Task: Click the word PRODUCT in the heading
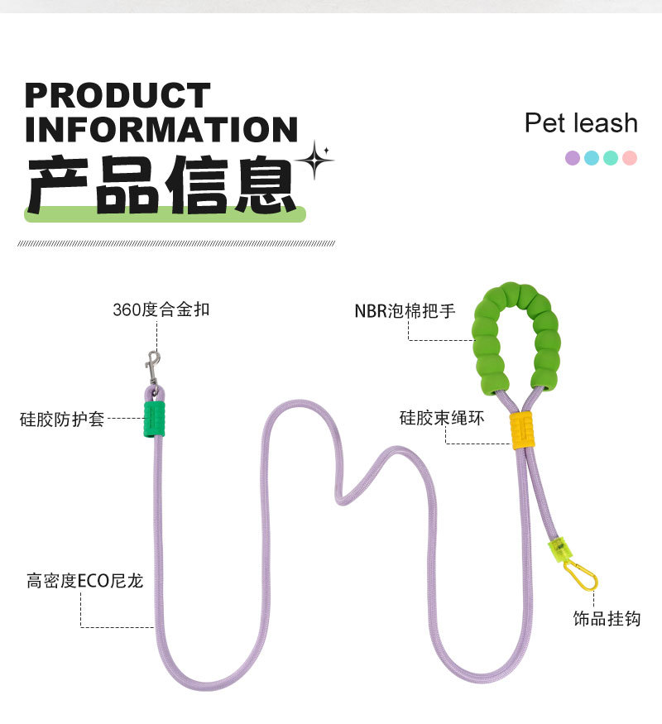(x=118, y=96)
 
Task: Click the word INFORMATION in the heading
(x=161, y=130)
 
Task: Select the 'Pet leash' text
(x=581, y=123)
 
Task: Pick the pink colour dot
(x=630, y=157)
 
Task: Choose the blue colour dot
(x=592, y=157)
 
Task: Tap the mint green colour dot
(x=611, y=157)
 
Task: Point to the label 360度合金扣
(x=161, y=310)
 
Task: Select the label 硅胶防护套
(x=62, y=419)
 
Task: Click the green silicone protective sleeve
(x=154, y=420)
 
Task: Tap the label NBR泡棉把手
(x=405, y=312)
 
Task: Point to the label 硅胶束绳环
(x=442, y=418)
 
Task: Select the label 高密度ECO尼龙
(x=84, y=581)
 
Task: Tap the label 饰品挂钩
(x=607, y=619)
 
